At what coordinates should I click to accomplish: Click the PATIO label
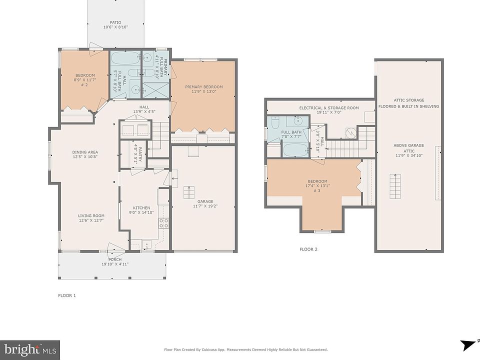[115, 22]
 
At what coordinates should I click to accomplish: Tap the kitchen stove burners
[163, 223]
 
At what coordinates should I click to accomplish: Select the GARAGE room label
[205, 201]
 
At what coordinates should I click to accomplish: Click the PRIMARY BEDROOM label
[204, 87]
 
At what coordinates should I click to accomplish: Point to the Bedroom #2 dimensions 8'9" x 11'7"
[85, 80]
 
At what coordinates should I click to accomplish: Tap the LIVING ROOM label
[91, 215]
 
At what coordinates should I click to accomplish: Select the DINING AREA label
[85, 152]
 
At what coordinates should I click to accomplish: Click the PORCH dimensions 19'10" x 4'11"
[115, 264]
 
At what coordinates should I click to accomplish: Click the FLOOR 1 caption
[66, 295]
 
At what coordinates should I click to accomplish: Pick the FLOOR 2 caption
[308, 249]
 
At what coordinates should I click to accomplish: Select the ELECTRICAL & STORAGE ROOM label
[329, 108]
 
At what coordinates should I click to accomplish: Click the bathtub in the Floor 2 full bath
[295, 150]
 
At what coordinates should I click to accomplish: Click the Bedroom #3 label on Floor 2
[317, 185]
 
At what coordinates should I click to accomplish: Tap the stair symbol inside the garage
[188, 192]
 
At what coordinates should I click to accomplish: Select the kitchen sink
[146, 244]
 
